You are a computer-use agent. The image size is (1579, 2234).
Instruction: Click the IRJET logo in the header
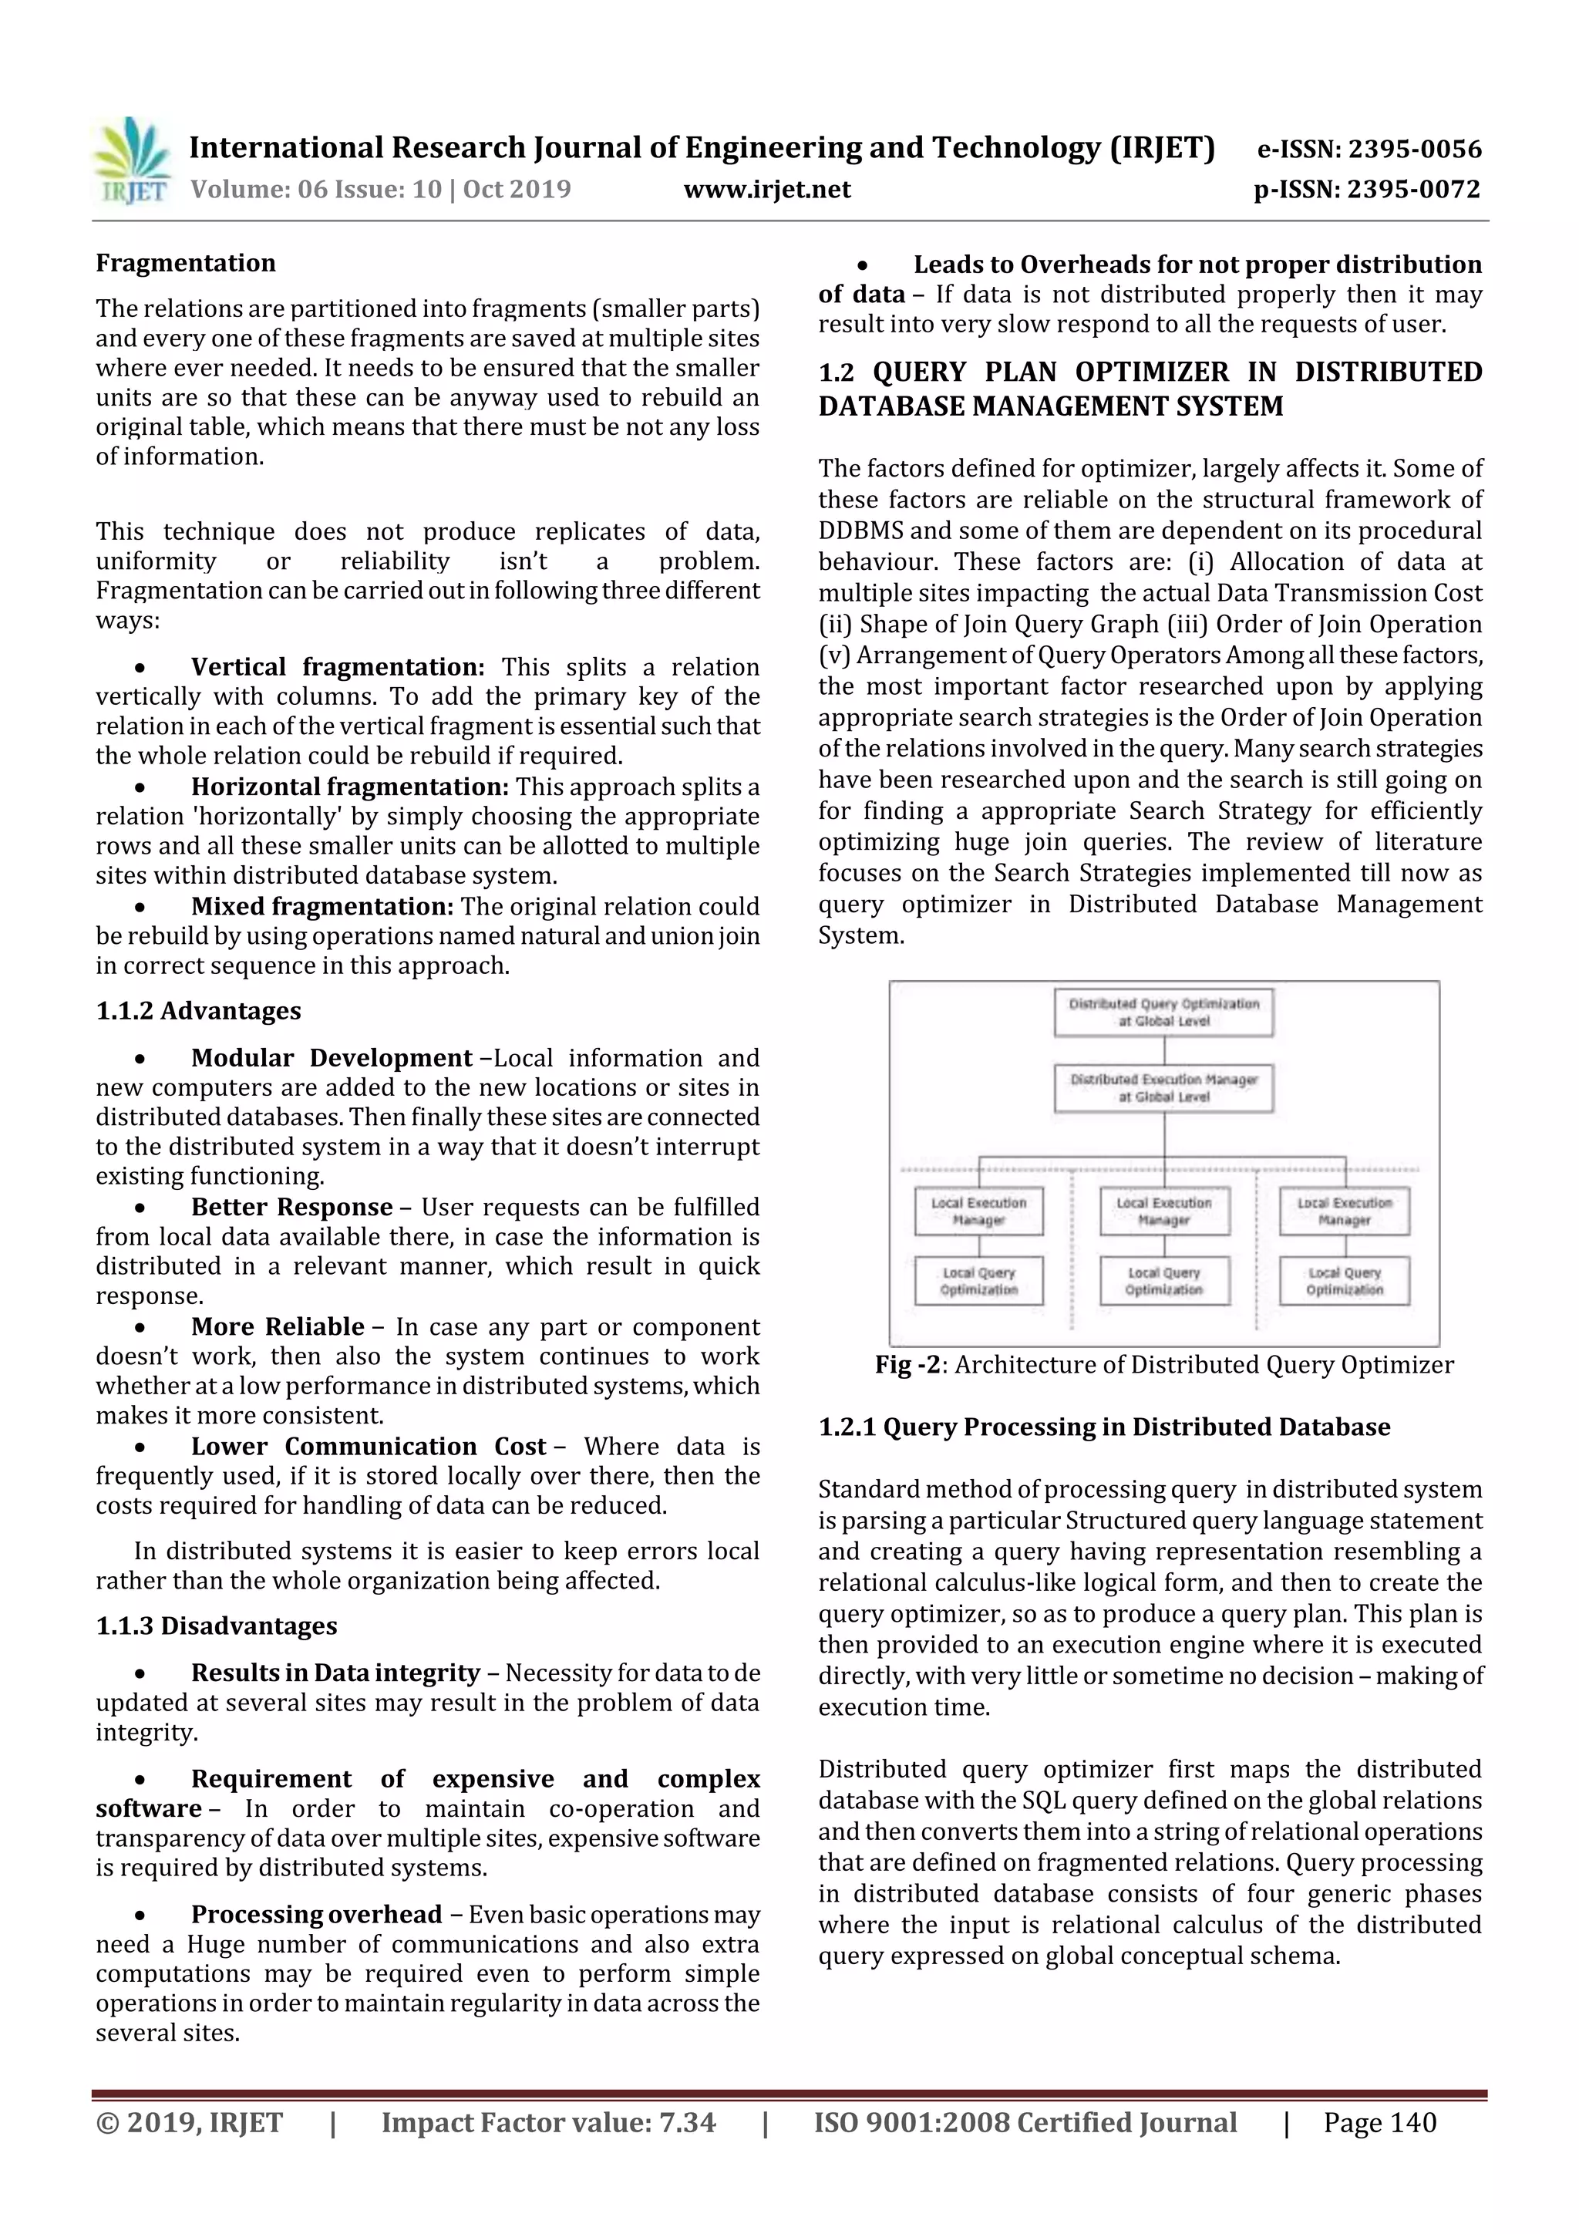(x=131, y=161)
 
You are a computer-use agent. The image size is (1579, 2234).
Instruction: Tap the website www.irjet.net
(x=766, y=189)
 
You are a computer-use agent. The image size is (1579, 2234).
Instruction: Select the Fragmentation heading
(x=186, y=263)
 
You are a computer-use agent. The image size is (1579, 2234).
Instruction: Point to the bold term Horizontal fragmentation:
(x=349, y=787)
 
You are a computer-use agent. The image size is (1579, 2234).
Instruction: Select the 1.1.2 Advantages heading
(x=198, y=1010)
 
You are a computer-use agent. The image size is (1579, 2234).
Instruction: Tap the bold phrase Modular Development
(x=331, y=1058)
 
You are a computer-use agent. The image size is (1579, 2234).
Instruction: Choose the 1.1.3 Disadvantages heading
(x=216, y=1626)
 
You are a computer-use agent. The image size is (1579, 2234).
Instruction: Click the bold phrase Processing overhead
(x=316, y=1914)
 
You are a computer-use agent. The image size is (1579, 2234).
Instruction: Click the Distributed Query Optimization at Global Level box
(x=1163, y=1012)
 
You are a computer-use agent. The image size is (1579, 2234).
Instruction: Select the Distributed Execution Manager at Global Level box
(x=1163, y=1088)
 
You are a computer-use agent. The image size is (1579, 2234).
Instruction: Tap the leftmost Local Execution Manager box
(x=978, y=1211)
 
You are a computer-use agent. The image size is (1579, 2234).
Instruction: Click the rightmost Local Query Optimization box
(x=1345, y=1280)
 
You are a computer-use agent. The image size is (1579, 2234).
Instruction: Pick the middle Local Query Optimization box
(x=1164, y=1280)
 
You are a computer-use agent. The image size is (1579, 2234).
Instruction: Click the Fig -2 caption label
(x=907, y=1364)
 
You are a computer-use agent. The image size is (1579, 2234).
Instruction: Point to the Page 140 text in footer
(x=1379, y=2122)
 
